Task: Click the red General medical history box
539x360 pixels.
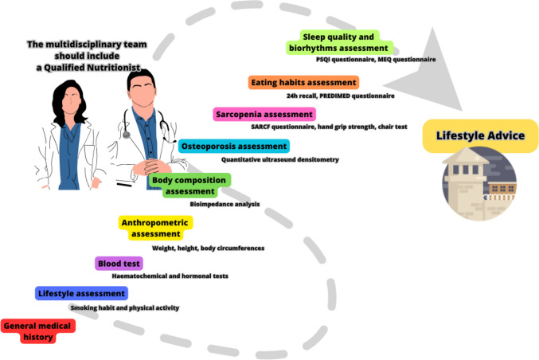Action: (x=38, y=331)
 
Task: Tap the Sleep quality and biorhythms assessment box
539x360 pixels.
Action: (x=349, y=42)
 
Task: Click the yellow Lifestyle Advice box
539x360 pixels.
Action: (x=479, y=135)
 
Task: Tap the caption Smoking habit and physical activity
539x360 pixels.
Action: (x=124, y=307)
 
